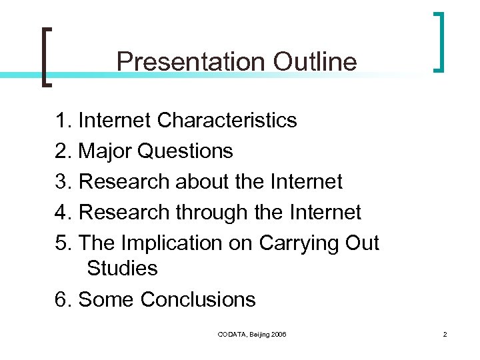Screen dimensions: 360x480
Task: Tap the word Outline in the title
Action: tap(315, 62)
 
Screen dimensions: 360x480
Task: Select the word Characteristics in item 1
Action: tap(227, 121)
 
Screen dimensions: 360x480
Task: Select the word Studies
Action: tap(122, 269)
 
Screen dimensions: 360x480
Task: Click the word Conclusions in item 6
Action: tap(198, 299)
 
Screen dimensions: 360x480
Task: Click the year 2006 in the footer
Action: tap(278, 333)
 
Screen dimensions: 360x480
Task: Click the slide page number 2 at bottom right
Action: tap(444, 333)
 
